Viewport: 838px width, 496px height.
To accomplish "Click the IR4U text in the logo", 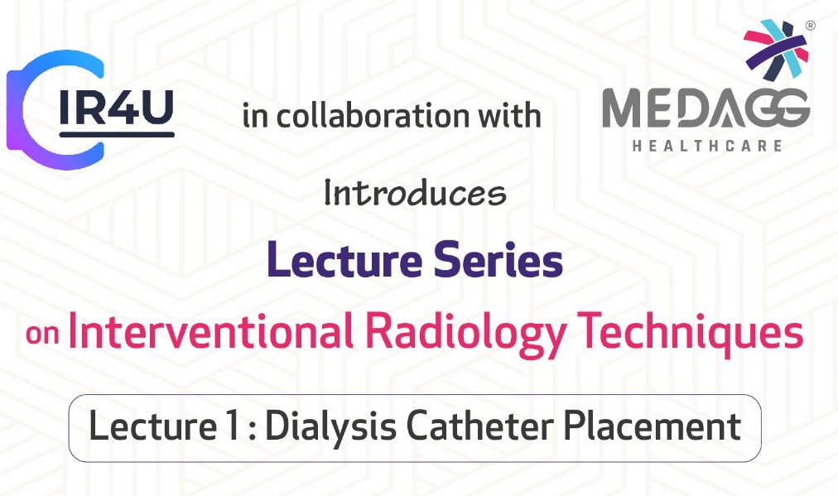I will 116,107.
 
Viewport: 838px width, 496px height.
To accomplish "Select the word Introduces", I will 415,193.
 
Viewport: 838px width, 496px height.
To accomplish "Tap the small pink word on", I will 42,335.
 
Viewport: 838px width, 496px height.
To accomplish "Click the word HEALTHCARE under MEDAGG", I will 706,146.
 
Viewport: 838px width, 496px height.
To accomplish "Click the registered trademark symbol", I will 810,26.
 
